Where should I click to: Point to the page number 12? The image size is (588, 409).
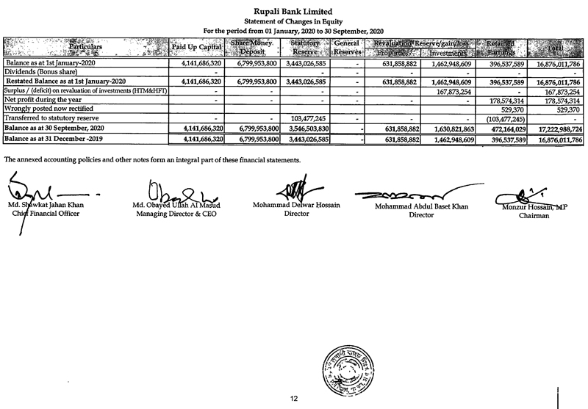[293, 398]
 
